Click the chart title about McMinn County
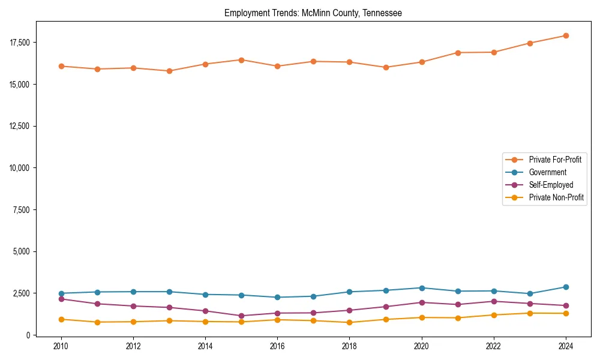(313, 13)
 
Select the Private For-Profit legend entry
(555, 160)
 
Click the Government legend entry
(547, 172)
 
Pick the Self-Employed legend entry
(551, 185)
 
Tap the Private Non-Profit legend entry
(556, 197)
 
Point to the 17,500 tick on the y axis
(20, 43)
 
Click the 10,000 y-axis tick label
(20, 168)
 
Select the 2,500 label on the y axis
(22, 293)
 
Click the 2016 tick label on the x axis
(277, 346)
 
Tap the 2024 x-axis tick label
(566, 346)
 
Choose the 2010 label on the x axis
(61, 346)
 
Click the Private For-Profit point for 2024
(566, 35)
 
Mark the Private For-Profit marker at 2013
(169, 71)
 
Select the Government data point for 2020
(422, 288)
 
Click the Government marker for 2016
(277, 297)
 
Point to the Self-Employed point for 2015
(241, 316)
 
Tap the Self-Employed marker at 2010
(61, 299)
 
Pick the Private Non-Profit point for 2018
(349, 322)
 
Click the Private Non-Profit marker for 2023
(530, 313)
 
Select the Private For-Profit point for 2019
(386, 67)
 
